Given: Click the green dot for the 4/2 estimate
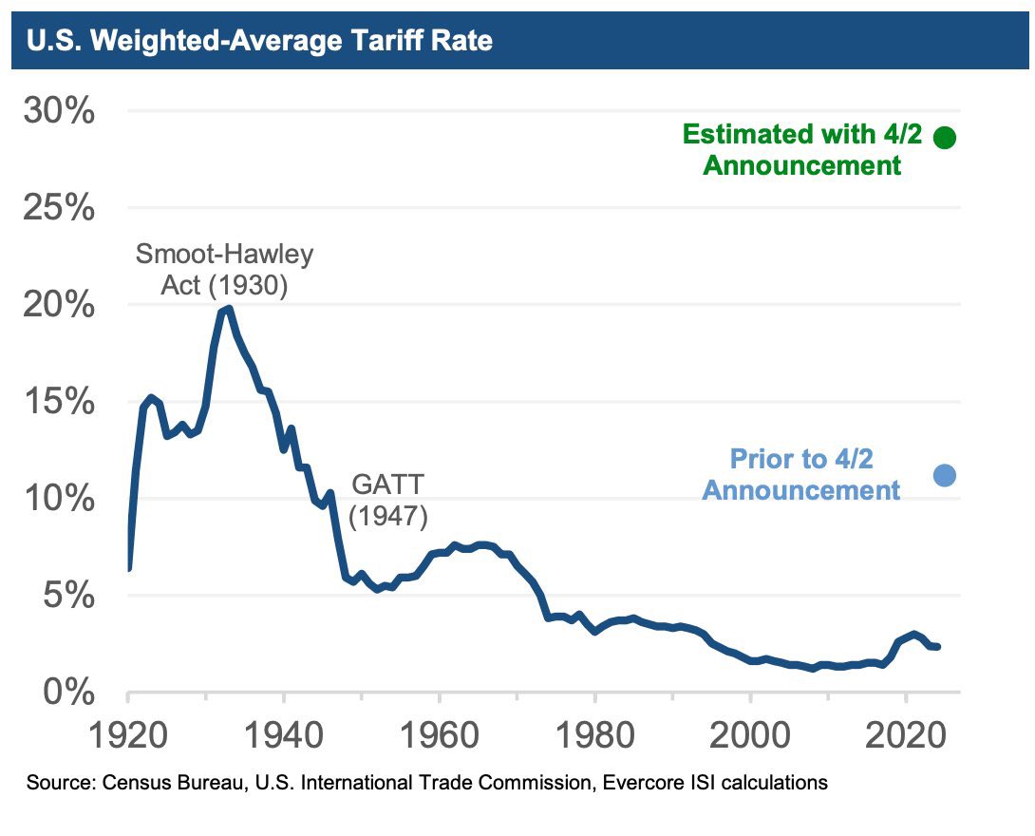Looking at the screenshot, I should click(x=945, y=138).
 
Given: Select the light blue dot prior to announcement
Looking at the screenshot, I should click(x=945, y=476).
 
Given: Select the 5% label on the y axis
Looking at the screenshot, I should click(x=68, y=597).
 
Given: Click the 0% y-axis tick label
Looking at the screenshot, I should click(x=68, y=693).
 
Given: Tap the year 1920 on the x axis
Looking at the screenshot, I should click(x=127, y=736).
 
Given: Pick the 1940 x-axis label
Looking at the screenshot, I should click(x=283, y=736).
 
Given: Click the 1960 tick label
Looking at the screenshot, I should click(x=439, y=736).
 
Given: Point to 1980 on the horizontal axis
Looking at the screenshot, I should click(x=594, y=736).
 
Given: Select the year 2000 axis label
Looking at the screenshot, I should click(x=750, y=736).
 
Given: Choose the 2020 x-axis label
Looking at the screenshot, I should click(x=906, y=736).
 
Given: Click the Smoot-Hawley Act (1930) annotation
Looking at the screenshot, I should click(x=224, y=270).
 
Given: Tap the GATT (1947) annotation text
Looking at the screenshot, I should click(x=388, y=501).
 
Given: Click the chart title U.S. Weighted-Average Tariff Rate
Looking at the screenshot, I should click(x=259, y=42).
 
